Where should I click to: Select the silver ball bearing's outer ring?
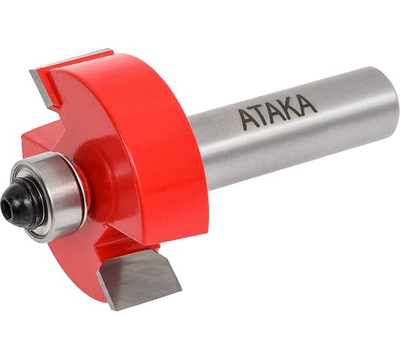(x=57, y=194)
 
